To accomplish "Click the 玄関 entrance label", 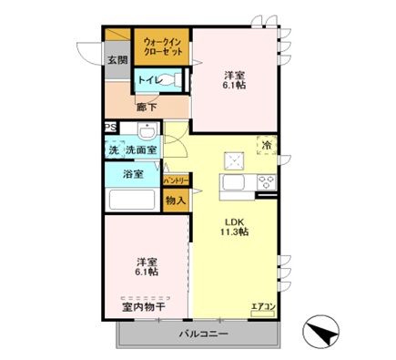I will tap(117, 60).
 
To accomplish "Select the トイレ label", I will tap(148, 79).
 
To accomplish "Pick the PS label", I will tap(110, 128).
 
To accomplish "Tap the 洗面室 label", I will tap(141, 148).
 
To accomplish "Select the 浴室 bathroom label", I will tap(133, 173).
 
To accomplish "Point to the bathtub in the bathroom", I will tap(132, 201).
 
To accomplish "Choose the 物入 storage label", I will tap(176, 200).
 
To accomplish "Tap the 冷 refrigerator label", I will tap(267, 144).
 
